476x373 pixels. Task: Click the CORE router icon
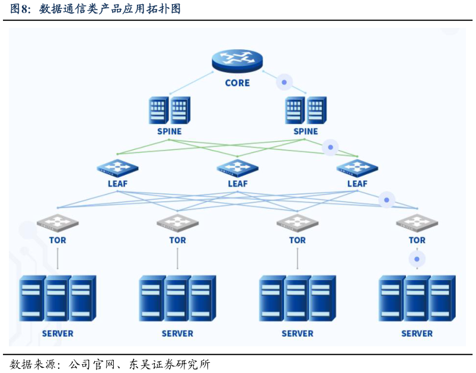(x=237, y=60)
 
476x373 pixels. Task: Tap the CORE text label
(x=237, y=83)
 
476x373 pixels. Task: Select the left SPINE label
(x=170, y=132)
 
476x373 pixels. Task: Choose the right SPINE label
(x=306, y=132)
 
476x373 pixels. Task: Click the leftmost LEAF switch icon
(x=117, y=168)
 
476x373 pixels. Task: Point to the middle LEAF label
(x=238, y=184)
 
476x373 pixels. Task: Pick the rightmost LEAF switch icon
(x=357, y=168)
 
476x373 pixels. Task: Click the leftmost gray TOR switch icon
(x=57, y=223)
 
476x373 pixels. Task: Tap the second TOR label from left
(x=178, y=240)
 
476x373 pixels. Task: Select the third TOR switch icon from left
(x=298, y=223)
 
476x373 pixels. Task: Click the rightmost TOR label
(x=417, y=240)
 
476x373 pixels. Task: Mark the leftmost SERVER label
(x=57, y=333)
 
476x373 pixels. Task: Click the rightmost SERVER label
(x=417, y=333)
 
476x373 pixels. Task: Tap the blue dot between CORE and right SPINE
(x=284, y=82)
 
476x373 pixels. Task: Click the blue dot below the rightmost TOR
(x=417, y=259)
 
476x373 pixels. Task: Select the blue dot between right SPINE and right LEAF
(x=331, y=147)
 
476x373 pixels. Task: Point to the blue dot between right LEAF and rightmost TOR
(x=386, y=200)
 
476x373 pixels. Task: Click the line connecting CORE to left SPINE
(x=191, y=82)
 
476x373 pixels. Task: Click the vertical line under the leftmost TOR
(x=57, y=258)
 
